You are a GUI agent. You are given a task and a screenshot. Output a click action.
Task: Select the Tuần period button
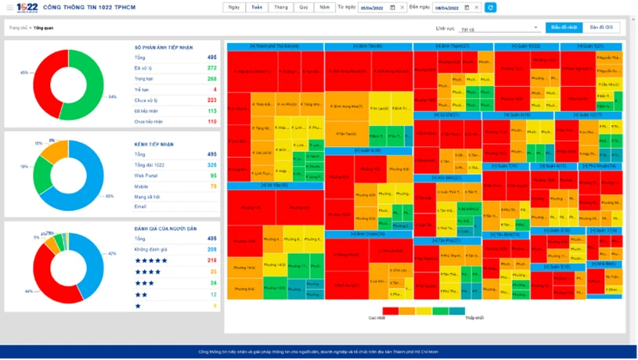point(256,7)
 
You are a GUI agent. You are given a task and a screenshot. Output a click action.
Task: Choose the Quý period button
point(302,7)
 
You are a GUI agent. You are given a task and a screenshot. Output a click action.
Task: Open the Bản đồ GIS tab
point(604,27)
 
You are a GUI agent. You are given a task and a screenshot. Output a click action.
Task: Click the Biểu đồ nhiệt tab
point(564,27)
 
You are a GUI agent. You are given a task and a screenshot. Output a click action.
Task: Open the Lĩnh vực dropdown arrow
point(535,28)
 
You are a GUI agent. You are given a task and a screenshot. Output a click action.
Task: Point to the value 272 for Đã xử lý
point(212,68)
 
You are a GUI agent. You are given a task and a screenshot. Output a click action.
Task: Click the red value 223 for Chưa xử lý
point(212,100)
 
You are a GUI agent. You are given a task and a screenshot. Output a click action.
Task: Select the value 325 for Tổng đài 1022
point(212,165)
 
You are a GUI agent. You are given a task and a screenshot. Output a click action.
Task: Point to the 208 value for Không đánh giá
point(212,249)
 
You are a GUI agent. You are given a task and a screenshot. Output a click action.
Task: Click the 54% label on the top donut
point(112,97)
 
